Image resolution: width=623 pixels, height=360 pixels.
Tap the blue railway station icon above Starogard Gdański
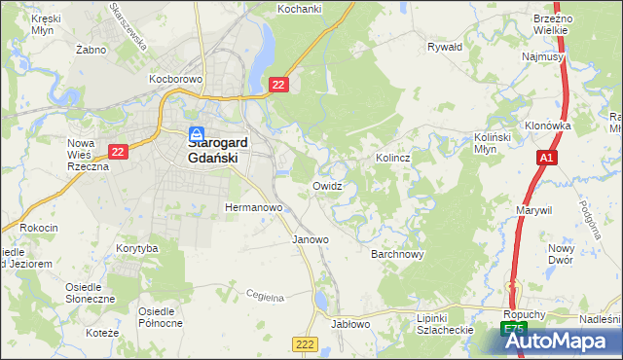197,133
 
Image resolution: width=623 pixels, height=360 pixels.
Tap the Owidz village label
327,185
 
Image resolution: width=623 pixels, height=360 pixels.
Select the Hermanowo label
253,207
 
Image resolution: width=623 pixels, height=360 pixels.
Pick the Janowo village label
311,238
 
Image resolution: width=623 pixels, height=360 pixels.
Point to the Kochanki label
299,9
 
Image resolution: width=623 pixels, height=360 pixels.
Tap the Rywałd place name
445,46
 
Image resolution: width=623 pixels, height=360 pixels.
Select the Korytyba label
136,249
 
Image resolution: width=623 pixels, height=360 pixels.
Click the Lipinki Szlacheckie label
443,324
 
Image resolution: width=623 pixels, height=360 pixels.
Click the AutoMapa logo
559,341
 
